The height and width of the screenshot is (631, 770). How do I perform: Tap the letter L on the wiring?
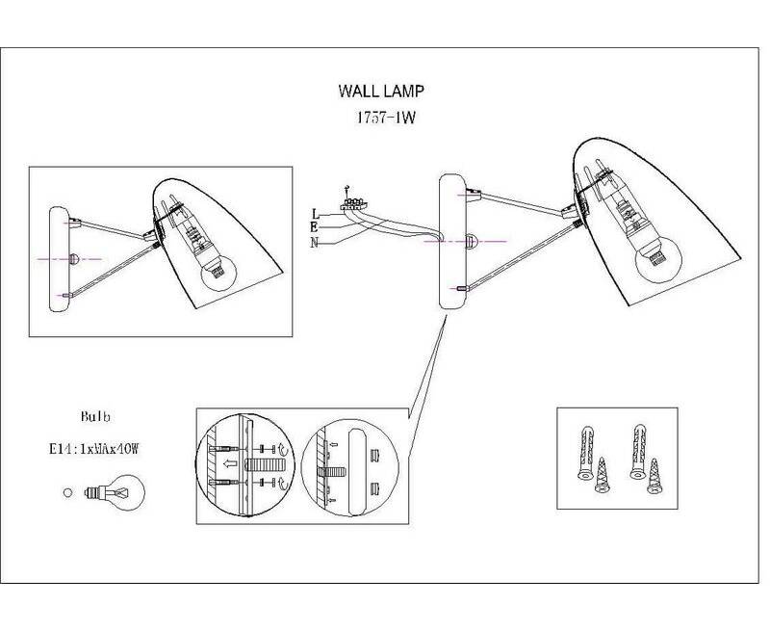tap(315, 212)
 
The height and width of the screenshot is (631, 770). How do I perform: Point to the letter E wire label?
tap(315, 226)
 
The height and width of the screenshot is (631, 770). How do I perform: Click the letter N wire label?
tap(315, 241)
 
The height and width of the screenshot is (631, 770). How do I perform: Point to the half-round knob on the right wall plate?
tap(471, 241)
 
